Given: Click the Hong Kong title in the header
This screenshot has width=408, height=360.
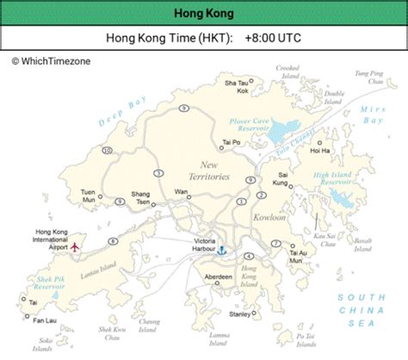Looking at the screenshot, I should click(x=203, y=14).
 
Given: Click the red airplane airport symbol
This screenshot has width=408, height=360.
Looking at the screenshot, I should click(x=76, y=246).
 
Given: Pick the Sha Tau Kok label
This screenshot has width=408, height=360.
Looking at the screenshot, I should click(x=236, y=86).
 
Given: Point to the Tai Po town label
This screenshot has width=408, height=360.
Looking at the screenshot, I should click(x=230, y=142).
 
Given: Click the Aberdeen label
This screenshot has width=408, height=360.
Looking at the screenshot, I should click(x=219, y=276).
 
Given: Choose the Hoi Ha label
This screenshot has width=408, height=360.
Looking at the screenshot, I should click(x=320, y=151).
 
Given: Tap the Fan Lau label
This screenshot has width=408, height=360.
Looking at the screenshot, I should click(x=44, y=320).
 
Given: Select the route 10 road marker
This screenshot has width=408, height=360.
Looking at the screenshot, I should click(x=107, y=151).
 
